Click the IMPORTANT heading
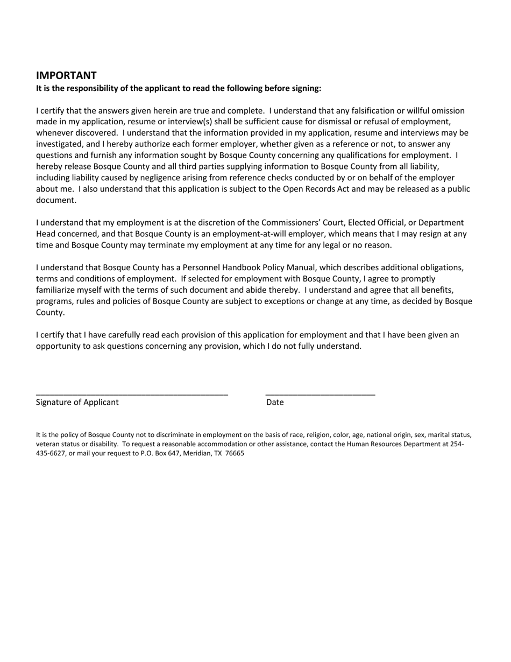pos(66,75)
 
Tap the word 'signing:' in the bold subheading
pos(306,88)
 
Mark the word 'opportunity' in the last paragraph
pos(58,346)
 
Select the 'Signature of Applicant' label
pos(77,402)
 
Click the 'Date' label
pos(275,402)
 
